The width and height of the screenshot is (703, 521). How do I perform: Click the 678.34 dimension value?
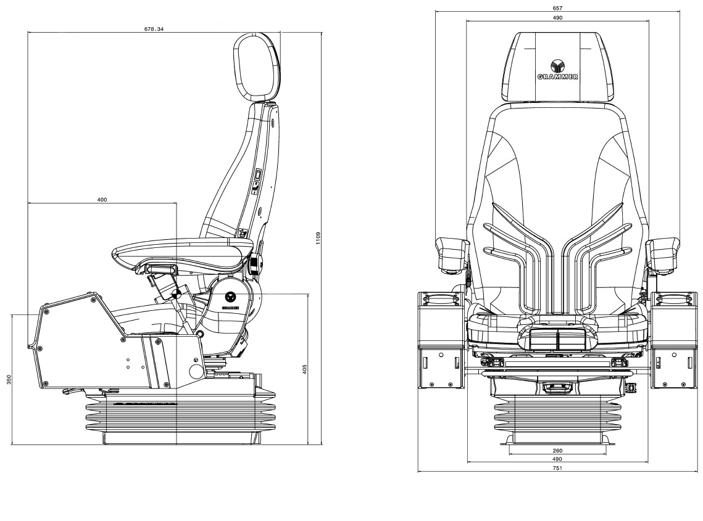tap(153, 29)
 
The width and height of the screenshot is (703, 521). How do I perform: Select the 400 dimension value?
tap(102, 199)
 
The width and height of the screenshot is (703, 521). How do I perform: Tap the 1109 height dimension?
tap(318, 237)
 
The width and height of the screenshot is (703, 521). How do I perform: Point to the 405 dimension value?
tap(304, 369)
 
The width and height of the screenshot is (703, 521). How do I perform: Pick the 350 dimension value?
tap(9, 379)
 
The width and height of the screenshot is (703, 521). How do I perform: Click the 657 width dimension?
tap(557, 8)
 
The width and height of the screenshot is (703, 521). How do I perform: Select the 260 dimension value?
tap(557, 451)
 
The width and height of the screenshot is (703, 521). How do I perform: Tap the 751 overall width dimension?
tap(557, 468)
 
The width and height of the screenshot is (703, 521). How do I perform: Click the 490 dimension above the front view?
tap(557, 18)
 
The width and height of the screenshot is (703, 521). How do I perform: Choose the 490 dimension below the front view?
tap(557, 459)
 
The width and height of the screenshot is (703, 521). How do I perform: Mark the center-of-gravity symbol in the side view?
tap(177, 293)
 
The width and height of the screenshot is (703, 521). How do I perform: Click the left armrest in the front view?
tap(451, 254)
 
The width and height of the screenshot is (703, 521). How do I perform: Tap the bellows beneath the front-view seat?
tap(557, 416)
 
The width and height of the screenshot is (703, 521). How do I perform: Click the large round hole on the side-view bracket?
tap(196, 371)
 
